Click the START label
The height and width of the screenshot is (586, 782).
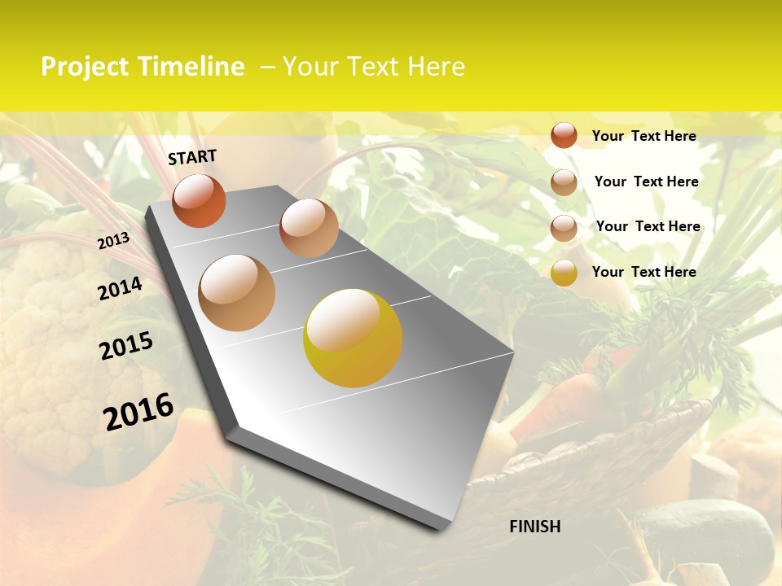[x=192, y=157]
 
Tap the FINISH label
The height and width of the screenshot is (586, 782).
[x=535, y=527]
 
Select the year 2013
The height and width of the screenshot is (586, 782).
[x=113, y=241]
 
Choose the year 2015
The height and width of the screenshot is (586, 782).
[x=126, y=346]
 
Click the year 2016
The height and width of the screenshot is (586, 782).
[x=138, y=412]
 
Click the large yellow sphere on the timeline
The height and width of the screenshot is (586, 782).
[x=353, y=338]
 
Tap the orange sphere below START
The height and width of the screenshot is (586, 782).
[x=199, y=201]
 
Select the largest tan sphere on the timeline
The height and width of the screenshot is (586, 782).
[x=237, y=293]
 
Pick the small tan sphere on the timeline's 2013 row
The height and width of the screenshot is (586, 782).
[x=309, y=228]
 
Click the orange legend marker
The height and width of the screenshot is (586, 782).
[x=564, y=136]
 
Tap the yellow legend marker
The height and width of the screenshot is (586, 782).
[x=564, y=273]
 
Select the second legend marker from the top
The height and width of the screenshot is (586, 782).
[x=564, y=182]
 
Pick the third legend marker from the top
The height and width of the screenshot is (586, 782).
[x=564, y=228]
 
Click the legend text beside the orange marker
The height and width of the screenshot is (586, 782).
[x=644, y=136]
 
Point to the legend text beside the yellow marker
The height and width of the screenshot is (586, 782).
[x=644, y=272]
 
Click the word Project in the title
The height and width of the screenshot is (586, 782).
[x=86, y=67]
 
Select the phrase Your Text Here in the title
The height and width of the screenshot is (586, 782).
[x=374, y=67]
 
